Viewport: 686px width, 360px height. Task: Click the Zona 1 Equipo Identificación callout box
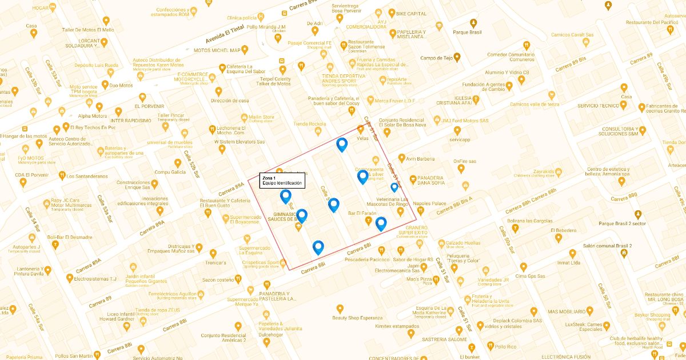282,181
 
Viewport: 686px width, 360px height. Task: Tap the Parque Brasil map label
468,32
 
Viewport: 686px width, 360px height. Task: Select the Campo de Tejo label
436,58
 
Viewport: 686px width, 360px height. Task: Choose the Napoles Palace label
429,203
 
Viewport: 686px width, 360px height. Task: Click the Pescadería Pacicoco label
366,259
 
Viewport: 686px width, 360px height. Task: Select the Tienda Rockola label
309,124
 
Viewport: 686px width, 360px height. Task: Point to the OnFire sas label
465,161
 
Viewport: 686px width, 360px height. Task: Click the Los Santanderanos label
87,176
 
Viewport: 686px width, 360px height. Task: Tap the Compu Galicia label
170,172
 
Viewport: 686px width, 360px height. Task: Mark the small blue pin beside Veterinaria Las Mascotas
394,187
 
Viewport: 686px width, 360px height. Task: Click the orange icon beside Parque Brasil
473,23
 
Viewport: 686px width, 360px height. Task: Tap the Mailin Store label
261,117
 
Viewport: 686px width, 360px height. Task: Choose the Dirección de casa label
230,101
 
